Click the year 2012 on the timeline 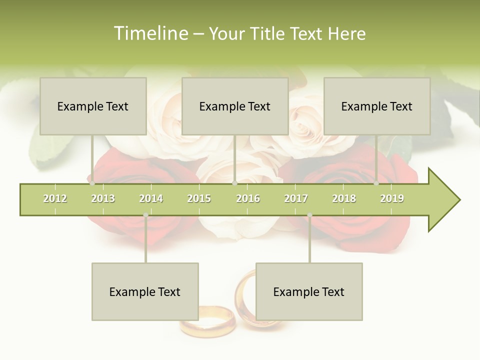point(55,198)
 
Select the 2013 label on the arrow point(103,198)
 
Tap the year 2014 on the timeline point(151,198)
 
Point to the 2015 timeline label point(199,198)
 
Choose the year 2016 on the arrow point(248,198)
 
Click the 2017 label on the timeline point(296,198)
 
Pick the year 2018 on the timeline point(344,198)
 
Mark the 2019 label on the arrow point(392,198)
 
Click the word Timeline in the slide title point(149,33)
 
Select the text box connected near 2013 point(93,106)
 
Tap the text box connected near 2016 point(235,106)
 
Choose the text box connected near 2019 point(377,106)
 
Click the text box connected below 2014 point(145,291)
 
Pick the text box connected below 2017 point(309,291)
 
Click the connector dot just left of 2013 point(92,183)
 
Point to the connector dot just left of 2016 point(234,183)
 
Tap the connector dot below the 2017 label point(309,215)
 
